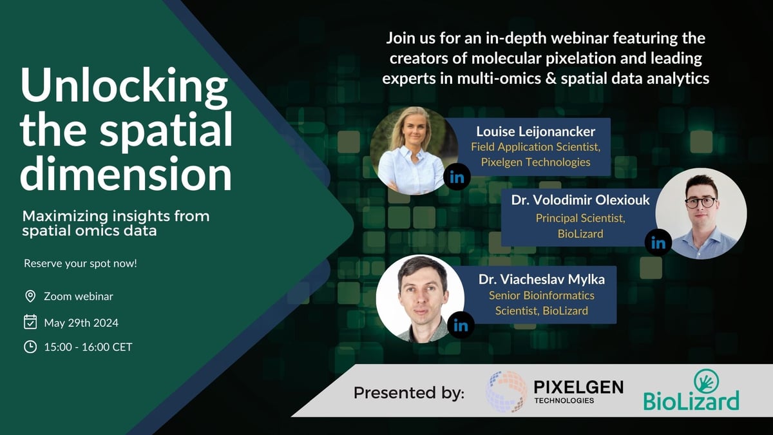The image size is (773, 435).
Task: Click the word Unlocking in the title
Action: coord(124,86)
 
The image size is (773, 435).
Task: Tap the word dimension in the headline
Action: coord(126,173)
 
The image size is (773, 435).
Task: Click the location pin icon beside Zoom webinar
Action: coord(30,296)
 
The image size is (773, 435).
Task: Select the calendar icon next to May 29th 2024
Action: coord(30,322)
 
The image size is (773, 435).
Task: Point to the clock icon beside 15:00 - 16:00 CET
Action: coord(30,347)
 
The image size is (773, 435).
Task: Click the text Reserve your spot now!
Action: coord(81,264)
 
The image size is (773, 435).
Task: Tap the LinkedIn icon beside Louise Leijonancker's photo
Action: coord(457,177)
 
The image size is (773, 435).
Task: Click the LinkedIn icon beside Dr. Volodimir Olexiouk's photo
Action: coord(658,243)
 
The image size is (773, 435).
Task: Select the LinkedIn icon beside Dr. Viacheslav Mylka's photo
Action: coord(461,325)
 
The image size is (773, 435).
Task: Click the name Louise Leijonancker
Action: coord(535,131)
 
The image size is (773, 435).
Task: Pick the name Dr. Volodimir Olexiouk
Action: coord(580,200)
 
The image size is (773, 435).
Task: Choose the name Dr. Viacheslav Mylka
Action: coord(542,279)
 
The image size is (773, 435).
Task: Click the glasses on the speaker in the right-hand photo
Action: coord(701,202)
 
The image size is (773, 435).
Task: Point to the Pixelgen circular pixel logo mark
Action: coord(506,392)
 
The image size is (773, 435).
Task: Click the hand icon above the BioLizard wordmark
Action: coord(707,381)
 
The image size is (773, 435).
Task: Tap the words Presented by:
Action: coord(409,393)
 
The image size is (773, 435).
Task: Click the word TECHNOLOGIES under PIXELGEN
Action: coord(564,400)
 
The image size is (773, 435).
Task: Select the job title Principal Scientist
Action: coord(580,218)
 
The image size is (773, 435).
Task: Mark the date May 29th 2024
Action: coord(81,323)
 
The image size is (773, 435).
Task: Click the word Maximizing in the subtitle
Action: coord(65,217)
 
